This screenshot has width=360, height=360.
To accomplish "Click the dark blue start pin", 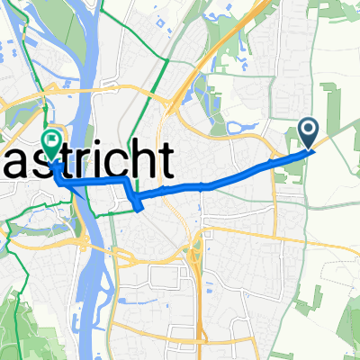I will (x=309, y=134).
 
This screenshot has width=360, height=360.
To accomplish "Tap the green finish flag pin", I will (x=51, y=142).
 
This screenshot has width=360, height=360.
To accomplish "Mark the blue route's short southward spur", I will (x=137, y=204).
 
